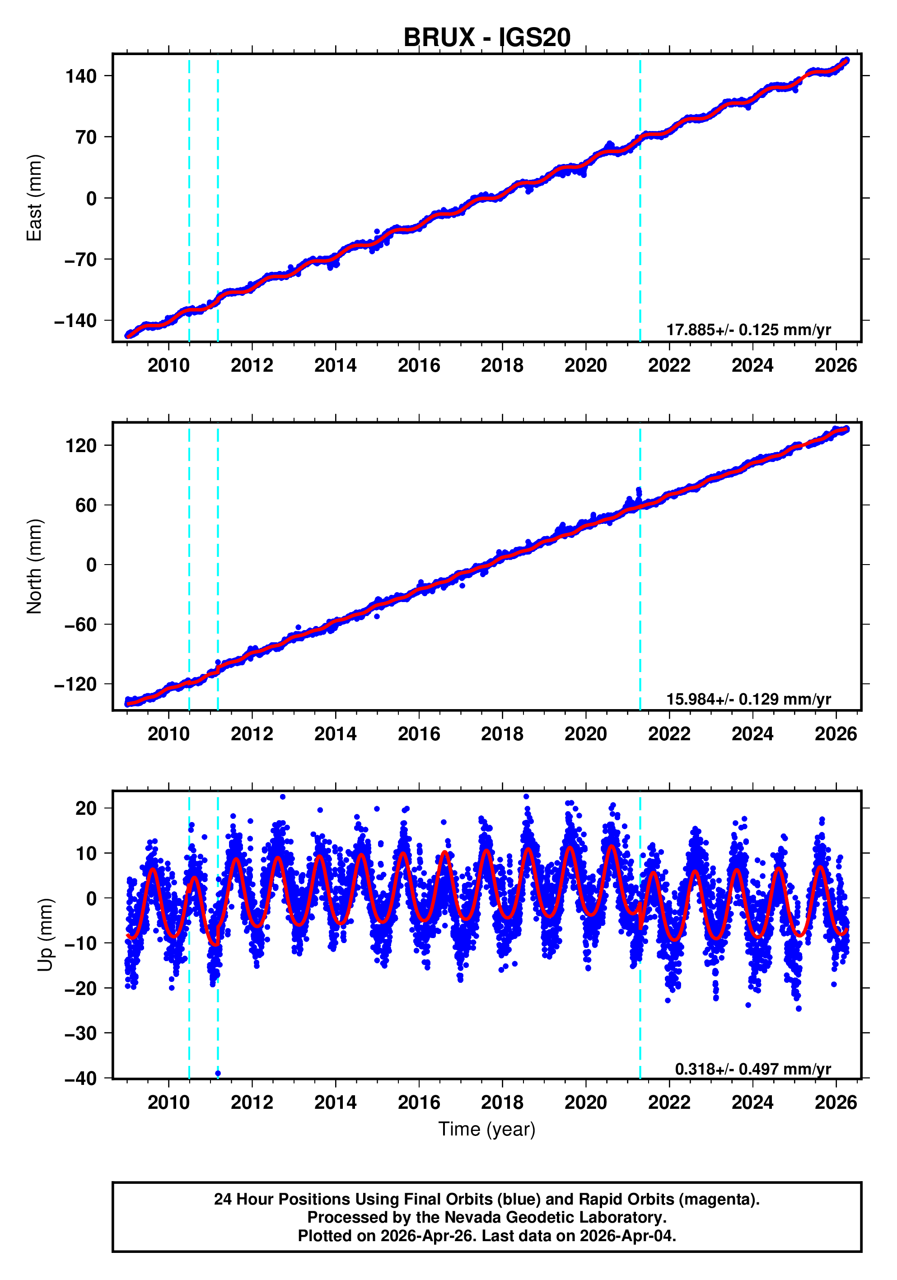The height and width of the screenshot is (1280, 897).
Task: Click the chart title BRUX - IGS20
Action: click(x=487, y=38)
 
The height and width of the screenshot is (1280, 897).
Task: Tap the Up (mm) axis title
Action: click(x=45, y=935)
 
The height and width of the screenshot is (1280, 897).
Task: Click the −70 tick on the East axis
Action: click(x=81, y=259)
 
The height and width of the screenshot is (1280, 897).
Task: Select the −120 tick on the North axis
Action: click(x=76, y=684)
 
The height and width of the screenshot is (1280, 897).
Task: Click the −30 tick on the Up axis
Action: click(x=81, y=1033)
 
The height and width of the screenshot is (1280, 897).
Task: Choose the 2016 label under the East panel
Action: click(x=419, y=366)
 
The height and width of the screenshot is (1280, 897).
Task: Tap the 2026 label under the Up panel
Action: click(x=836, y=1102)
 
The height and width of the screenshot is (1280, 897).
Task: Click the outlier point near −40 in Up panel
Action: click(x=218, y=1073)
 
